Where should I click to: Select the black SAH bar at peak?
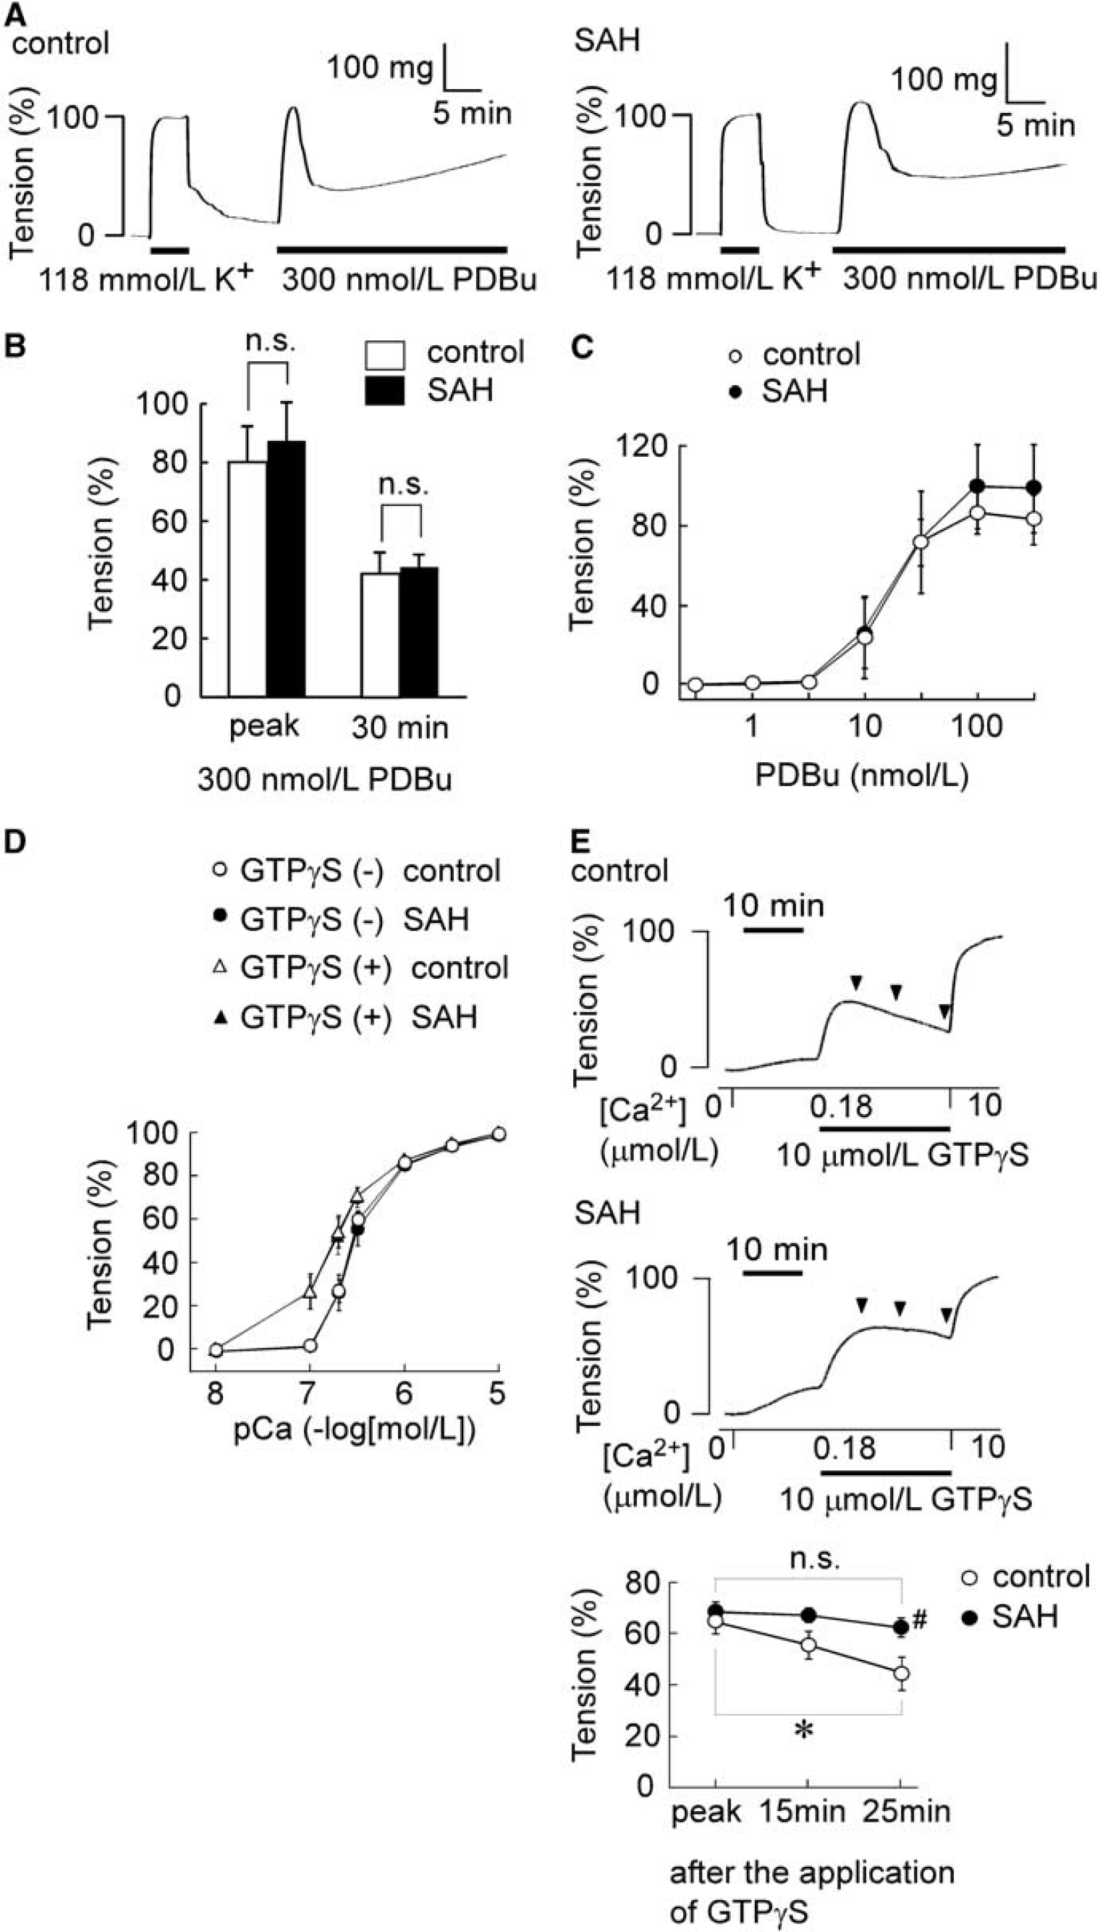[x=287, y=568]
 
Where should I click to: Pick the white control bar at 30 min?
[x=381, y=635]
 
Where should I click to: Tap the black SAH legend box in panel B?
[x=384, y=391]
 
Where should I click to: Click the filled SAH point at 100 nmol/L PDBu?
[x=978, y=486]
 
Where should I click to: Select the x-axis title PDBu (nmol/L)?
[x=861, y=776]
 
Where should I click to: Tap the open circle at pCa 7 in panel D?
[x=309, y=1346]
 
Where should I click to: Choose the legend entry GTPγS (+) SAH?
[x=345, y=1017]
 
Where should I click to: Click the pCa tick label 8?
[x=216, y=1392]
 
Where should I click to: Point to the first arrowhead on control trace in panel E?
[x=856, y=982]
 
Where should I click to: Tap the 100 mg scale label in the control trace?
[x=380, y=67]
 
